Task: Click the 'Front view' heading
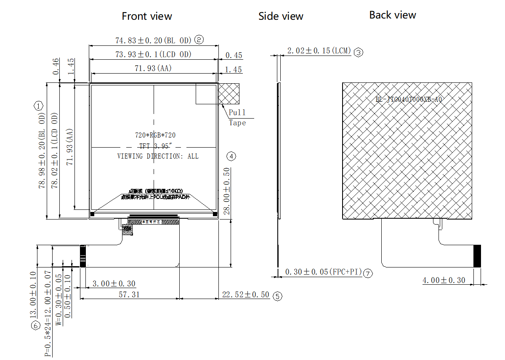(x=147, y=16)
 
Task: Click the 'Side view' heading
(x=281, y=16)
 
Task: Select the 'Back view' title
(x=393, y=15)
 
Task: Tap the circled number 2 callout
(x=199, y=40)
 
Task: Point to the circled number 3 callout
(x=358, y=52)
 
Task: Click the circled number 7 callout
(x=368, y=273)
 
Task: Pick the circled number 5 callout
(x=277, y=296)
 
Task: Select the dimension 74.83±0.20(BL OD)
(x=153, y=40)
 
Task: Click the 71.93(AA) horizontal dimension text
(x=153, y=68)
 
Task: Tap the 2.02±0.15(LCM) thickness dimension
(x=319, y=51)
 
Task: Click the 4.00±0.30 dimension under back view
(x=444, y=280)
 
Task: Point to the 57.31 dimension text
(x=129, y=294)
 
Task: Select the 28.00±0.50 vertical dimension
(x=227, y=191)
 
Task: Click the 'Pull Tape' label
(x=237, y=117)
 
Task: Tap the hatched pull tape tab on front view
(x=229, y=93)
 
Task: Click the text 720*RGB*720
(x=155, y=135)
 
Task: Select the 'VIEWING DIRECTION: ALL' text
(x=158, y=156)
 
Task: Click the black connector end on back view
(x=477, y=256)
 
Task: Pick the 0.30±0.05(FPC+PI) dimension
(x=323, y=272)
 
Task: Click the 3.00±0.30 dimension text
(x=114, y=284)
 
